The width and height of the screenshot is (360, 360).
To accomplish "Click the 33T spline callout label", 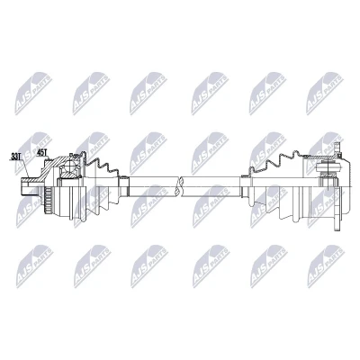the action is tap(15, 157).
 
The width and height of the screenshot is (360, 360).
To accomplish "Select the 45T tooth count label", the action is tap(42, 153).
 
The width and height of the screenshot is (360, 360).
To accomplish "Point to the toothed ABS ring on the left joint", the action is tap(48, 199).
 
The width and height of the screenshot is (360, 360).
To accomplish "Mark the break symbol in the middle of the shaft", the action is tap(180, 186).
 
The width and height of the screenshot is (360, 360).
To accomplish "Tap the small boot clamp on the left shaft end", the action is tap(123, 186).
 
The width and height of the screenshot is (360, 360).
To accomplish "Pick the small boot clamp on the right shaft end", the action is tap(247, 186).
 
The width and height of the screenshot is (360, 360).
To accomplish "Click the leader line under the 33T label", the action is tap(25, 168).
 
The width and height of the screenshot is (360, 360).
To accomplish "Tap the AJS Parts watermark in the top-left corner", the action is tap(33, 93).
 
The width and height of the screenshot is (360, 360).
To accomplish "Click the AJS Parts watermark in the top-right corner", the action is tap(325, 93).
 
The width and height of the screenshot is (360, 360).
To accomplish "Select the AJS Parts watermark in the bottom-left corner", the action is tap(34, 266).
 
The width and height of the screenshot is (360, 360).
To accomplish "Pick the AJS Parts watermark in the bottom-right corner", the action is tap(326, 266).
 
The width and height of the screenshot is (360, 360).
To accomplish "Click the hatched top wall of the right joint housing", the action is tap(318, 157).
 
